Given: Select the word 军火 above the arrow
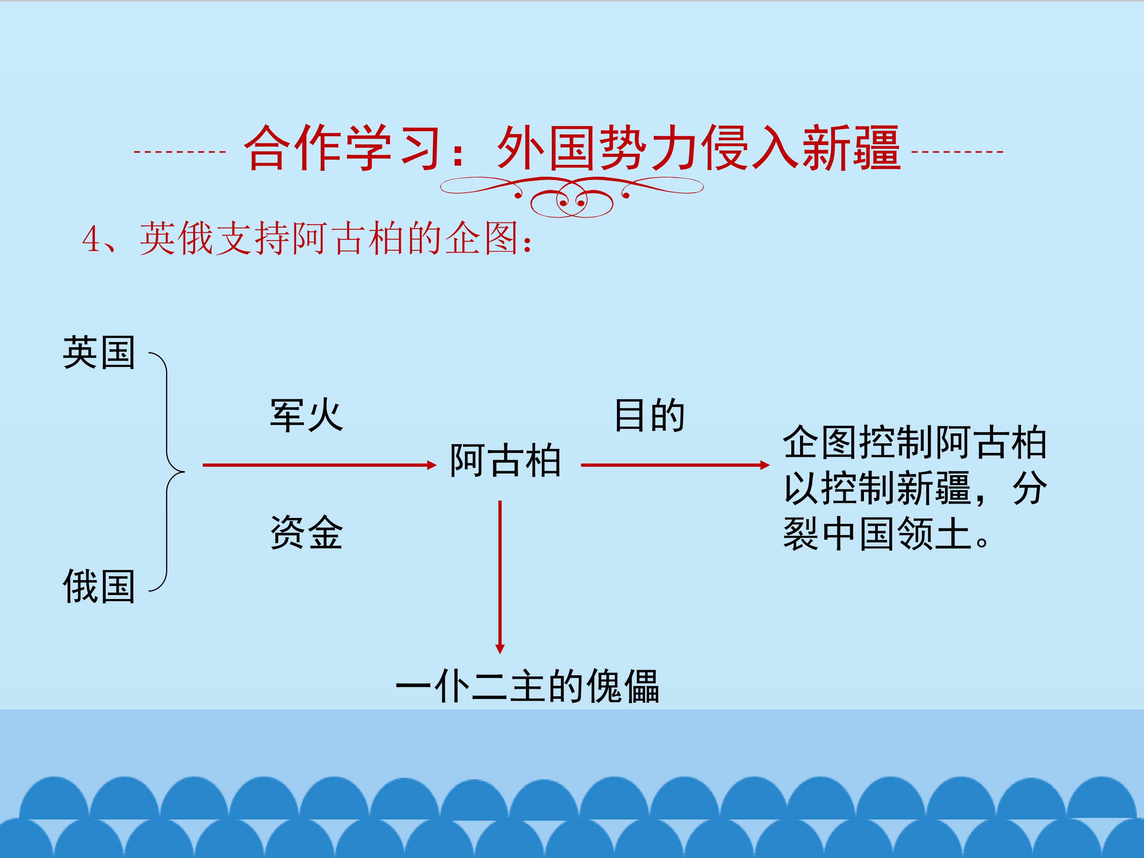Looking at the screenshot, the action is pyautogui.click(x=306, y=415).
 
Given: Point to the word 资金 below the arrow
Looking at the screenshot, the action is pyautogui.click(x=306, y=532).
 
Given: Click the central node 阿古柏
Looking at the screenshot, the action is pyautogui.click(x=505, y=460).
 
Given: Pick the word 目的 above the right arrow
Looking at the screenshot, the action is pyautogui.click(x=649, y=415).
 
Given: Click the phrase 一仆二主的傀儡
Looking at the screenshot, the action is pyautogui.click(x=528, y=686).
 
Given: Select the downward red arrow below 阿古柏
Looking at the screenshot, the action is pyautogui.click(x=500, y=577).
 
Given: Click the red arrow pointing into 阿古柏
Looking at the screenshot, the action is pyautogui.click(x=320, y=465).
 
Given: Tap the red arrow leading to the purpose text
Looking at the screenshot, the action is pyautogui.click(x=675, y=465).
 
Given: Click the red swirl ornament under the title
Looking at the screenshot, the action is pyautogui.click(x=572, y=196).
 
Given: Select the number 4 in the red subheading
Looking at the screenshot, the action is pyautogui.click(x=91, y=240).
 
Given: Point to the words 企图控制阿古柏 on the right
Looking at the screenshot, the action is pyautogui.click(x=915, y=443).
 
